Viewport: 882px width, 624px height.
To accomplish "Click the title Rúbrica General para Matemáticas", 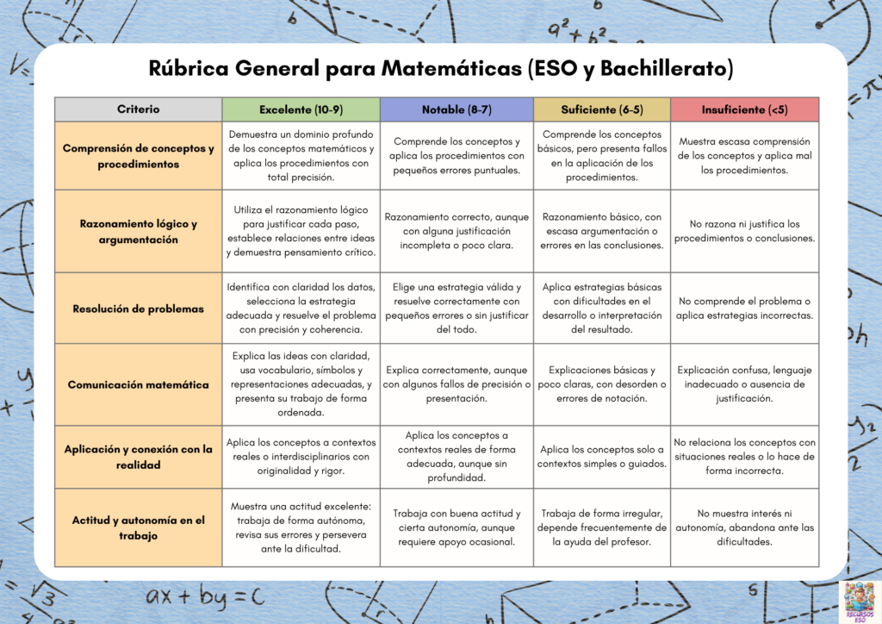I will pyautogui.click(x=440, y=69).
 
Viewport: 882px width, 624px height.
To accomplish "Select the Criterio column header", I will pyautogui.click(x=138, y=109).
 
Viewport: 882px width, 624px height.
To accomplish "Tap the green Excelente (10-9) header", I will pyautogui.click(x=301, y=109).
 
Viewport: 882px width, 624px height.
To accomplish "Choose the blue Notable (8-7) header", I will pyautogui.click(x=457, y=109).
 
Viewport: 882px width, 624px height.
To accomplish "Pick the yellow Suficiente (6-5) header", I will pyautogui.click(x=602, y=109).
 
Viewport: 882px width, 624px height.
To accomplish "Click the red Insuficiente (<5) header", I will pyautogui.click(x=744, y=109).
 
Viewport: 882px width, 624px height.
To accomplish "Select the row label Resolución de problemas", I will pyautogui.click(x=138, y=309).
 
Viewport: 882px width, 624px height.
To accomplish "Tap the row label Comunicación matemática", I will pyautogui.click(x=138, y=384).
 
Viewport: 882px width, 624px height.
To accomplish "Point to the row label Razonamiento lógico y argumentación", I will pyautogui.click(x=138, y=231).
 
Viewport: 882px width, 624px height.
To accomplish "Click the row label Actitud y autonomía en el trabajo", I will pyautogui.click(x=138, y=527).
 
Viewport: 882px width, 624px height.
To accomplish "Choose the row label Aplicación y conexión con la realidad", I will pyautogui.click(x=138, y=457).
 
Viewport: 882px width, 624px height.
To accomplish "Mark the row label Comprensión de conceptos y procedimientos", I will pyautogui.click(x=138, y=156).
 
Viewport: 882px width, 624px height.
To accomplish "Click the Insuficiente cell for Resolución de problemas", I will pyautogui.click(x=744, y=309).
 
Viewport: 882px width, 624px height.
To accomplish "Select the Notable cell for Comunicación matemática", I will pyautogui.click(x=457, y=384).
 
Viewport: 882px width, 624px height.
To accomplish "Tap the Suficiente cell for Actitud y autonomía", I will pyautogui.click(x=602, y=527).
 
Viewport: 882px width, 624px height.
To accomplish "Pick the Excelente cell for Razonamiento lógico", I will pyautogui.click(x=301, y=231).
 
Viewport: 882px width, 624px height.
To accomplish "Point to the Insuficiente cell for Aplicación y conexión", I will pyautogui.click(x=744, y=457).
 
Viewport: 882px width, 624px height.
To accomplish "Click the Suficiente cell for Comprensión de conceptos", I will pyautogui.click(x=602, y=156).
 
